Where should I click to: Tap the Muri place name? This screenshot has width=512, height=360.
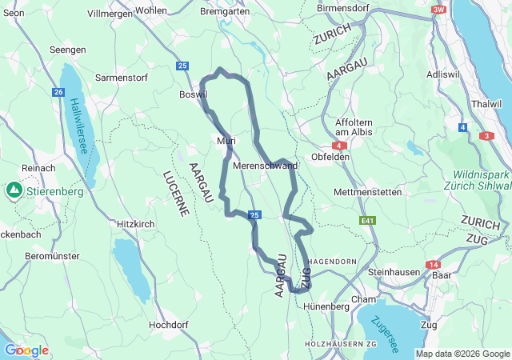226,141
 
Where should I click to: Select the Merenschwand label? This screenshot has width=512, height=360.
265,166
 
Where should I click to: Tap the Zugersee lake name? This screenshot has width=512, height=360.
385,333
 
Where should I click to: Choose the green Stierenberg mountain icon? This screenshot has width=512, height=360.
14,191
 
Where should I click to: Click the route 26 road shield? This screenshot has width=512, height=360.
58,92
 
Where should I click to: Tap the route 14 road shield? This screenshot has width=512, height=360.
434,264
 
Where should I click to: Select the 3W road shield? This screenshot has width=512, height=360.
438,10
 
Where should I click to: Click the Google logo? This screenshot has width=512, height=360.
26,350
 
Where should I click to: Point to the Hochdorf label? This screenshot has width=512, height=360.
169,325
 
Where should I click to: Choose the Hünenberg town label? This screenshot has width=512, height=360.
327,306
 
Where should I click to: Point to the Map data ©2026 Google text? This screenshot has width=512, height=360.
462,354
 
